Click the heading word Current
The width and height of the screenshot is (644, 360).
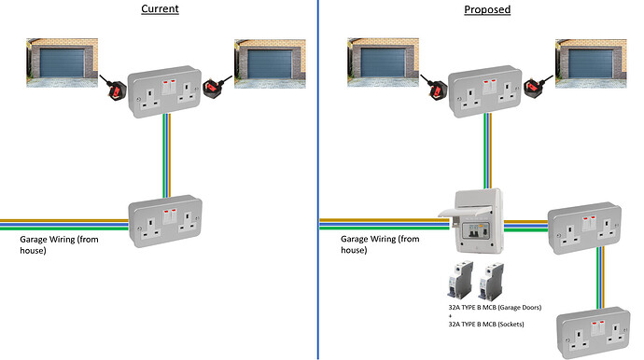point(161,9)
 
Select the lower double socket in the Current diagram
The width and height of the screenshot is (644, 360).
point(166,222)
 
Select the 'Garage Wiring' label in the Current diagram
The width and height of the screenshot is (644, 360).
point(59,244)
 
